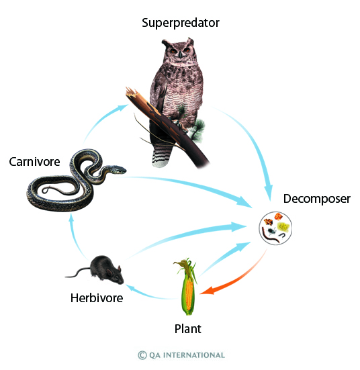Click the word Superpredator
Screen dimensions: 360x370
pyautogui.click(x=181, y=23)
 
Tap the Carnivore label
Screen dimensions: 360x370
pyautogui.click(x=34, y=162)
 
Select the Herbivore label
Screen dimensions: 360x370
pyautogui.click(x=97, y=297)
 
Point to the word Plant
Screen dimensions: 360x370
pyautogui.click(x=188, y=329)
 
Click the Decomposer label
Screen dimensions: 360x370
pyautogui.click(x=317, y=199)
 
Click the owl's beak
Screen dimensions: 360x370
pyautogui.click(x=181, y=54)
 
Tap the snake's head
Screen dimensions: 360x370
pyautogui.click(x=118, y=169)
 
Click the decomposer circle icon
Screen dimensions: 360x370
pyautogui.click(x=275, y=228)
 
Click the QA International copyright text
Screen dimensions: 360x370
pyautogui.click(x=181, y=355)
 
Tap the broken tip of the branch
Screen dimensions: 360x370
pyautogui.click(x=130, y=91)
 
